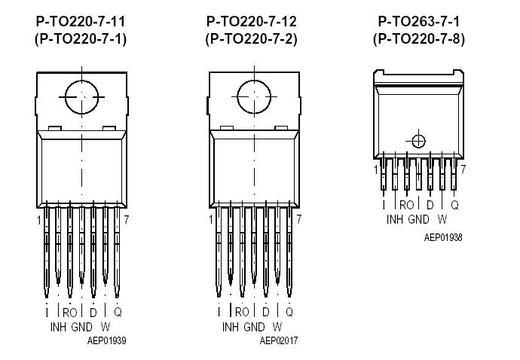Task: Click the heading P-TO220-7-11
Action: (80, 22)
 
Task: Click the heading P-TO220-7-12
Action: (251, 22)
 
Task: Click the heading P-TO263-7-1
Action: (420, 22)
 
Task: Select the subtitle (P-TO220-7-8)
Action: (420, 39)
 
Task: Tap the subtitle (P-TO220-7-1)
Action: (80, 39)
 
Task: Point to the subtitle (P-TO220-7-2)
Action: (251, 39)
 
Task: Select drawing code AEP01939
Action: (107, 340)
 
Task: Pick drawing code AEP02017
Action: (279, 340)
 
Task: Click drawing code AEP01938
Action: (443, 237)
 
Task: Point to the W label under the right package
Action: (442, 220)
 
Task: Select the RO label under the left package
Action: (69, 312)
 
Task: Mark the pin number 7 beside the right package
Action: (463, 169)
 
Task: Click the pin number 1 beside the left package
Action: (38, 220)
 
